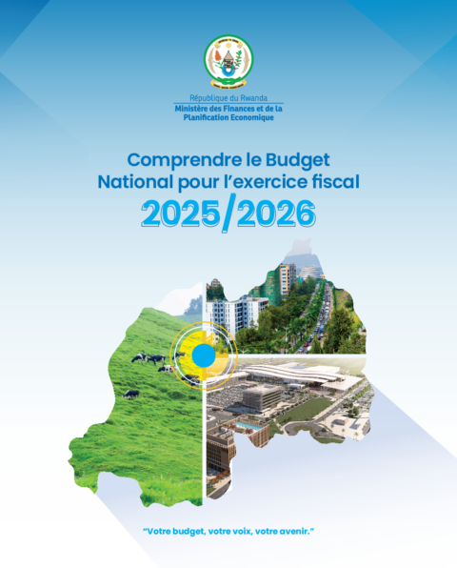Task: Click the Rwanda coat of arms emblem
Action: [228, 62]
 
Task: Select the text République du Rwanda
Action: [228, 98]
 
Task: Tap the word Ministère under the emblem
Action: [188, 109]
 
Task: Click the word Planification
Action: [206, 117]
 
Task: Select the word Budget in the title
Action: [298, 160]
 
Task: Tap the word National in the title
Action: [135, 182]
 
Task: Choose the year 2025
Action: [180, 214]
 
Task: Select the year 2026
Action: [276, 214]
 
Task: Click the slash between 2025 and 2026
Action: [228, 213]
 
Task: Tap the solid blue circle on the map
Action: [204, 355]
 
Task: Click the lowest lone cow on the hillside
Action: [131, 395]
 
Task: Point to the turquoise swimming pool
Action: [248, 426]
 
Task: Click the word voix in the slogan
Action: [241, 532]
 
